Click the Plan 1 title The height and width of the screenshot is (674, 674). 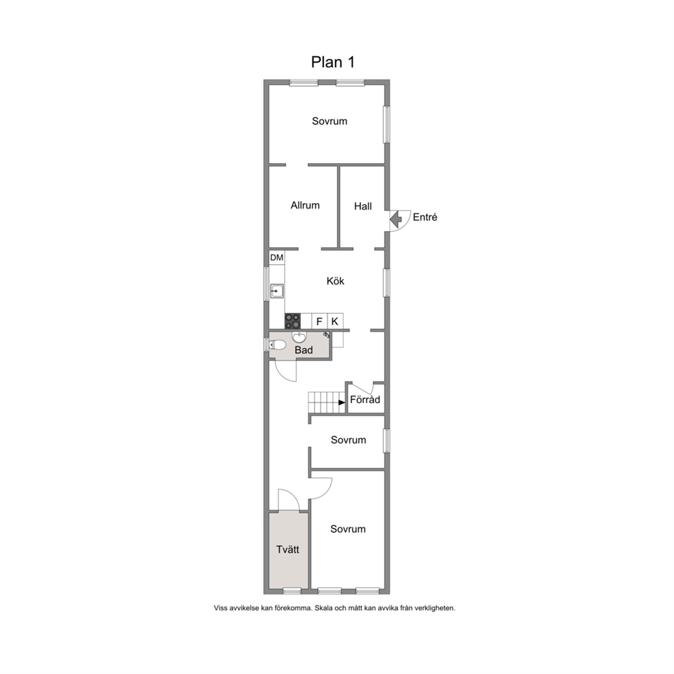click(x=333, y=63)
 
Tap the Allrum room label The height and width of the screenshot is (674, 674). click(x=305, y=205)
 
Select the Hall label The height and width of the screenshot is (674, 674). click(x=363, y=207)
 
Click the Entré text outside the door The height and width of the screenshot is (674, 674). click(x=425, y=217)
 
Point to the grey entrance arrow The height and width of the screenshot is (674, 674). click(x=395, y=219)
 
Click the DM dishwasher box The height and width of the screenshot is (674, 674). click(x=277, y=258)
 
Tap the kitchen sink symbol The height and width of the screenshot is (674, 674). click(x=277, y=291)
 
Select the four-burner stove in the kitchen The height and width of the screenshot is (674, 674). click(x=293, y=321)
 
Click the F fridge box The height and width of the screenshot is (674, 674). click(x=319, y=321)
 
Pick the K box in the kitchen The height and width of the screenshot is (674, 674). click(x=335, y=321)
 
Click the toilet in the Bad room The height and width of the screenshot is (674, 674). click(x=277, y=344)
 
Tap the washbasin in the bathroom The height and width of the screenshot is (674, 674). click(x=299, y=336)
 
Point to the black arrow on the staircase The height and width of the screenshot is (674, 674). click(x=342, y=403)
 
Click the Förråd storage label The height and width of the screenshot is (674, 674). click(x=365, y=400)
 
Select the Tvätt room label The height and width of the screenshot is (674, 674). click(x=287, y=550)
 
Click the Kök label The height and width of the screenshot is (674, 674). click(x=335, y=281)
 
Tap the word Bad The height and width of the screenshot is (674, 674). click(x=304, y=351)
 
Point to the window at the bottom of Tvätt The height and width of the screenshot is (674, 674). click(x=292, y=591)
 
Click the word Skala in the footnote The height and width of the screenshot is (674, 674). click(x=323, y=608)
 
